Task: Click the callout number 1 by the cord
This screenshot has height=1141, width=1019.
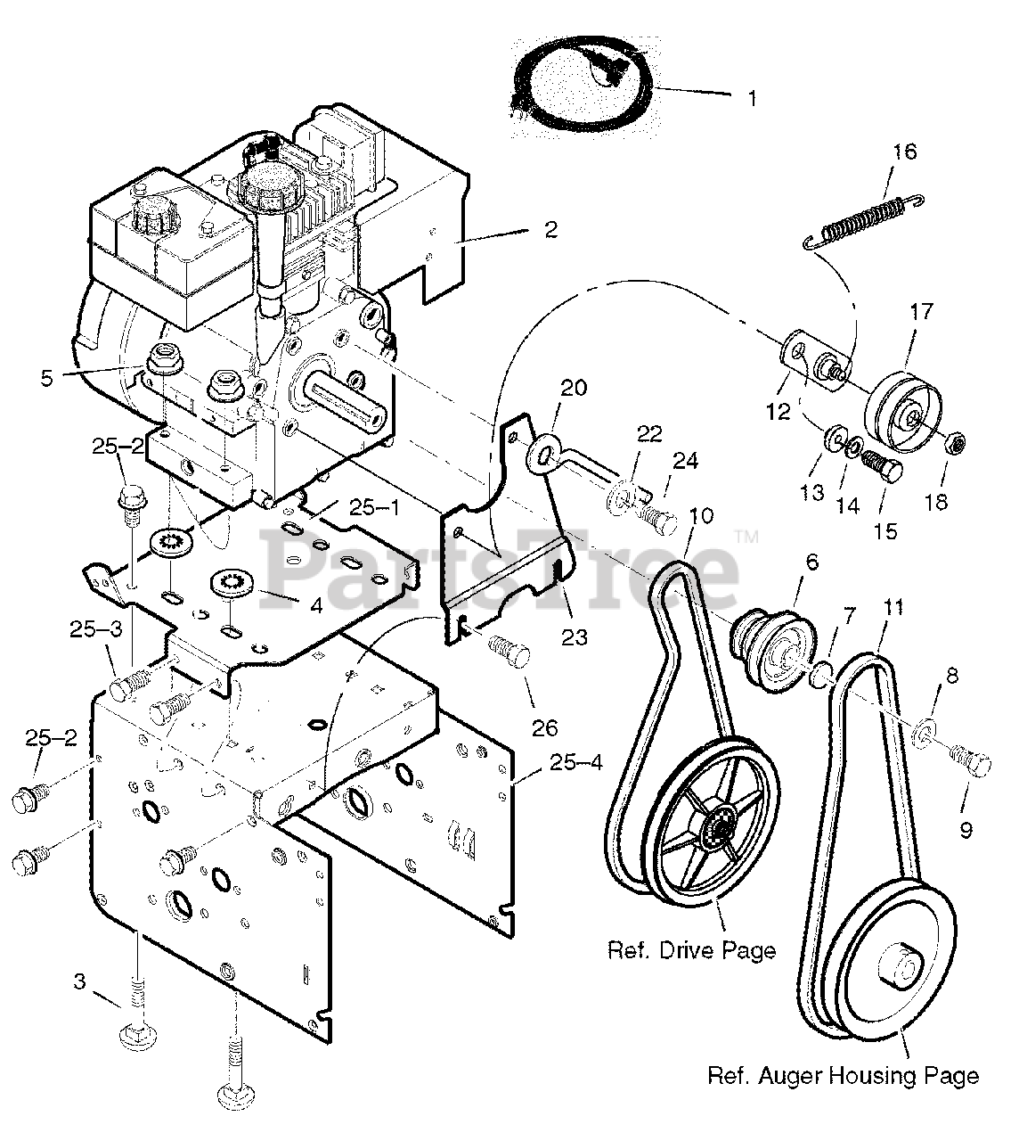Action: coord(753,98)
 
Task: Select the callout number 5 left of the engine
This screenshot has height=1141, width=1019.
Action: coord(46,379)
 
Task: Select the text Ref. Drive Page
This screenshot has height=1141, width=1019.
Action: coord(691,950)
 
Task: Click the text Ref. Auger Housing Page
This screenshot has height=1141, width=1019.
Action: coord(843,1076)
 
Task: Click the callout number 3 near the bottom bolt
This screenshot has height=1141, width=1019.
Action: coord(79,981)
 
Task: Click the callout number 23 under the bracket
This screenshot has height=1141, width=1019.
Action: coord(574,637)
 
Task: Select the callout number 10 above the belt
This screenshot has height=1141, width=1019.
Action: coord(701,515)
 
